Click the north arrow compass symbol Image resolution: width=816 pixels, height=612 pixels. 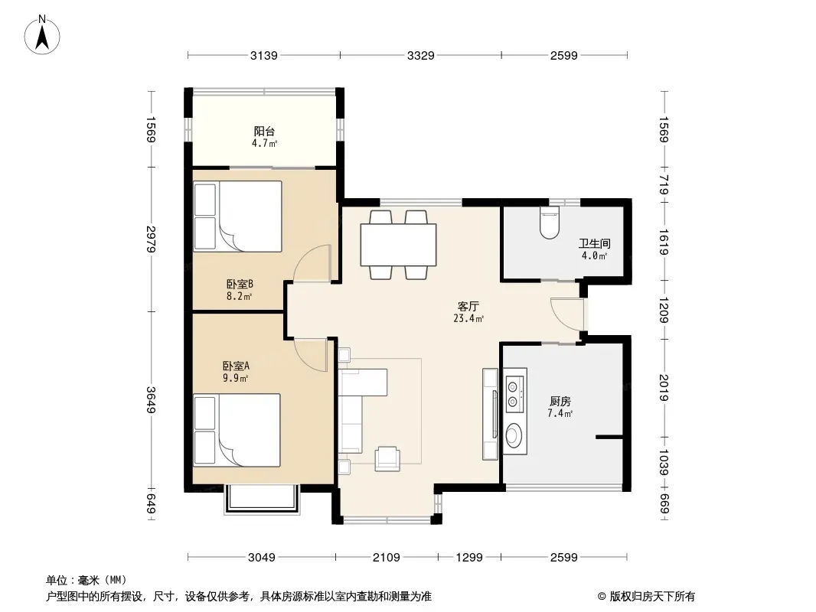42,34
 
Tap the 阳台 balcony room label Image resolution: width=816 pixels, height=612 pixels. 264,132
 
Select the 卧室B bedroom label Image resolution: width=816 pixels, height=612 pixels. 240,285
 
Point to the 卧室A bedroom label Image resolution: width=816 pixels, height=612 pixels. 236,366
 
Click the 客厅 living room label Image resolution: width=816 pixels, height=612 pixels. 468,306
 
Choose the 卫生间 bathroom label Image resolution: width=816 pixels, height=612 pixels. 594,243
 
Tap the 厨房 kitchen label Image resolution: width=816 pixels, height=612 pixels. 560,402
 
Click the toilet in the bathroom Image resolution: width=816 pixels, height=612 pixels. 549,223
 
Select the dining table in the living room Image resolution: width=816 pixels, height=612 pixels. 399,244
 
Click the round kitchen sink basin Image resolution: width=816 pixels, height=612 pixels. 514,435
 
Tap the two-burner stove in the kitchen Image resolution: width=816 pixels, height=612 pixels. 514,394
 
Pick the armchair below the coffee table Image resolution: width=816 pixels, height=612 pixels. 387,458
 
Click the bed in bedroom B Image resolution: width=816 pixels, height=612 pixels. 238,216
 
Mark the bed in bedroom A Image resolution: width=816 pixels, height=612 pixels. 237,430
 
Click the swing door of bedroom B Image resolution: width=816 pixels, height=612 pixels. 312,263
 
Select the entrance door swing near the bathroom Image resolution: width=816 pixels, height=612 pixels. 567,314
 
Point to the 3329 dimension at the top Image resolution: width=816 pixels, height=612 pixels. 420,55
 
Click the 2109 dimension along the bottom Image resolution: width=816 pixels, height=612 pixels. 386,558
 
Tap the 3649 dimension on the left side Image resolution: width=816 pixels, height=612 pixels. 151,400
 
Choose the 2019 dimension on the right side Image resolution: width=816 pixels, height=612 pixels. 664,388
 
